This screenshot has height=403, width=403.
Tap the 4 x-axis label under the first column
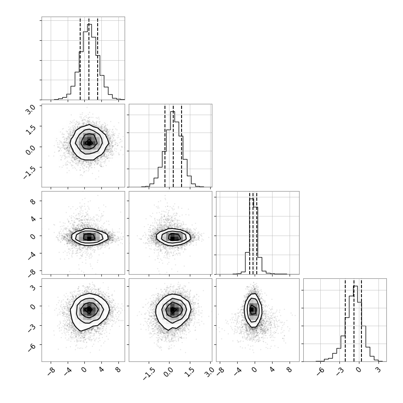101,370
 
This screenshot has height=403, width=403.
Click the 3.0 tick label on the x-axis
209,372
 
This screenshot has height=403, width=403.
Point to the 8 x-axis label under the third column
289,370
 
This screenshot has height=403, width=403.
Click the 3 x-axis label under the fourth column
378,370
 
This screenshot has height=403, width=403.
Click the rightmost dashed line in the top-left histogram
98,59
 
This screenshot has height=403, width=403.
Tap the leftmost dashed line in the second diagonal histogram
165,146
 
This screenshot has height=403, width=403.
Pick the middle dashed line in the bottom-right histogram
354,320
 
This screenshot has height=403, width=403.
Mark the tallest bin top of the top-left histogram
89,24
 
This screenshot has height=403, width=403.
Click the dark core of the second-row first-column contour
89,143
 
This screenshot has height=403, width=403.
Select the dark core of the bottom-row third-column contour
252,310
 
